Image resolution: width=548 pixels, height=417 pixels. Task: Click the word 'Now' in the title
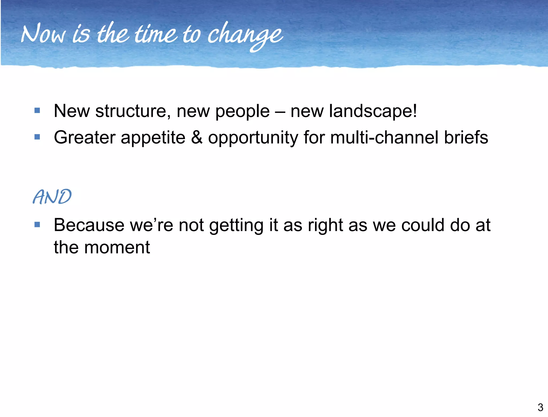(x=43, y=34)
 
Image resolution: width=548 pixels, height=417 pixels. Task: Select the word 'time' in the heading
(x=155, y=34)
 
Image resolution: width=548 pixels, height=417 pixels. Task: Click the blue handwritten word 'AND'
(x=52, y=197)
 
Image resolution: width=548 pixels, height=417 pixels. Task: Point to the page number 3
(x=540, y=407)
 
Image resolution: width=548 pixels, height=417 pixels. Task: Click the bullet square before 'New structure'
(x=37, y=110)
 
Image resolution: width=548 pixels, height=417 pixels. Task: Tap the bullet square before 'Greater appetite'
(x=37, y=137)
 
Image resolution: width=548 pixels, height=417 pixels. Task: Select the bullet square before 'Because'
(x=37, y=224)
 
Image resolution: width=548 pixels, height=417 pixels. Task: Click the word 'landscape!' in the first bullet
(x=373, y=111)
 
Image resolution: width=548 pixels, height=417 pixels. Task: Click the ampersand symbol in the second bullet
(x=197, y=137)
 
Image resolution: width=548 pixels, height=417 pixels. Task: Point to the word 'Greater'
(x=84, y=137)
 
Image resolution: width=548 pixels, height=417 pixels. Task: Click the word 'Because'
(x=89, y=225)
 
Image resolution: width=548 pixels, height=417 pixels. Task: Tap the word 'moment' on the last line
(x=117, y=247)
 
